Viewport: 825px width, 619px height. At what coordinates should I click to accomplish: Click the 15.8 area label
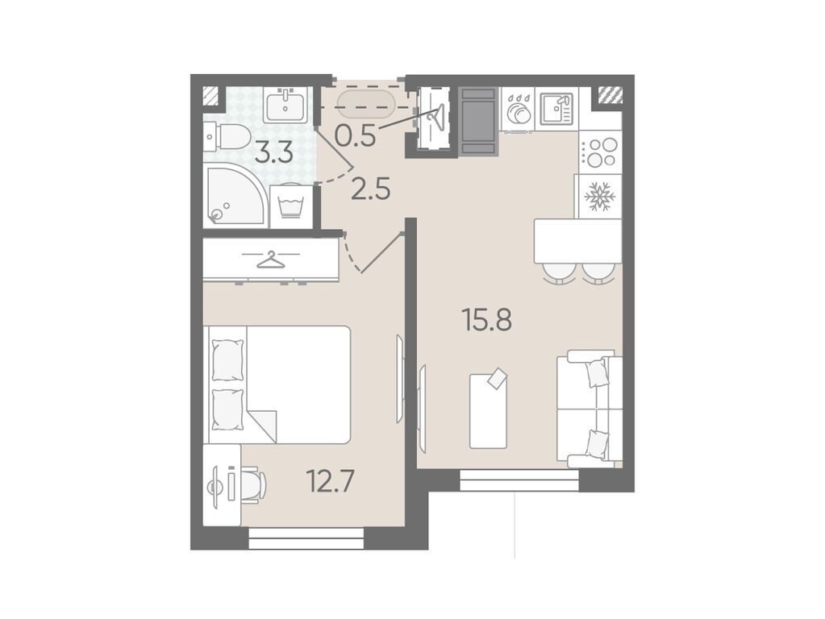[486, 320]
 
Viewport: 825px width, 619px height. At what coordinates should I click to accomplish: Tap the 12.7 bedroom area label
[331, 481]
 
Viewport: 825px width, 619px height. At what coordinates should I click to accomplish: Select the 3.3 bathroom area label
[274, 154]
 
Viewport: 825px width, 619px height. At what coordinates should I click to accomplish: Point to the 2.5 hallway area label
[371, 189]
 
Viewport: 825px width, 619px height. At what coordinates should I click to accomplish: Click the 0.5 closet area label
[356, 135]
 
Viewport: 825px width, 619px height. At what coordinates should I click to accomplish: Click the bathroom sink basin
[285, 106]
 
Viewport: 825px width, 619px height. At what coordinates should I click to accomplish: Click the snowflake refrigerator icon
[600, 197]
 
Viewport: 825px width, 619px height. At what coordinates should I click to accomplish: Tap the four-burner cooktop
[601, 152]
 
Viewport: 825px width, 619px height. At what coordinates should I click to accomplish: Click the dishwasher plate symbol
[518, 109]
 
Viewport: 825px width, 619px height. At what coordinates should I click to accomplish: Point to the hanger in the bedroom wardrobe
[271, 260]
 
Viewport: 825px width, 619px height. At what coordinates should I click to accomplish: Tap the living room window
[519, 480]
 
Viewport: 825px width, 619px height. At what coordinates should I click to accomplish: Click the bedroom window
[306, 538]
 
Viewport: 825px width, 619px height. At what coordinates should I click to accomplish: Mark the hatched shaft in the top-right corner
[610, 94]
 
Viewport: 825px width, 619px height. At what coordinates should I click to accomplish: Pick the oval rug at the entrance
[365, 105]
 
